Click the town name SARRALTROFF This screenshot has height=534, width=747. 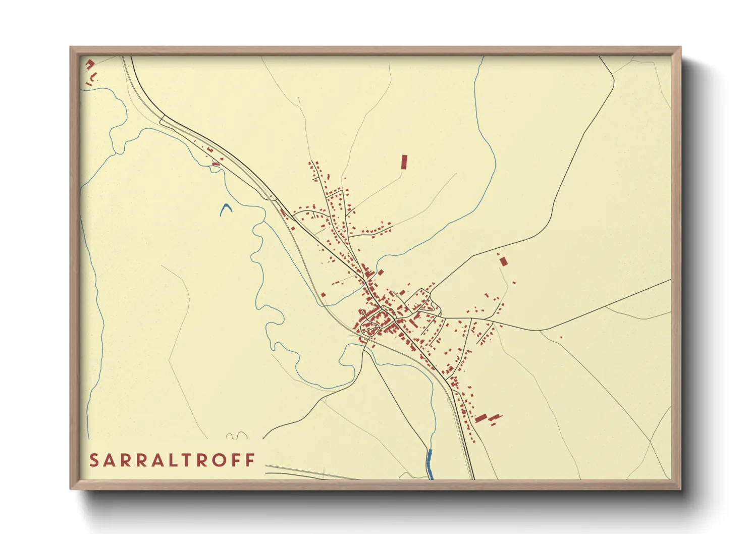172,460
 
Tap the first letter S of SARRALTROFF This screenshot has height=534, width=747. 94,460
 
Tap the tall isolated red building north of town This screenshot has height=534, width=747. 404,162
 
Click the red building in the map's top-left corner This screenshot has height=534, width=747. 90,64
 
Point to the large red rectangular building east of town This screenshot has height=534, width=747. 503,261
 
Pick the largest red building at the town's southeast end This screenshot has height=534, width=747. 481,418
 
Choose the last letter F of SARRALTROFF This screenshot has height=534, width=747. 251,460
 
